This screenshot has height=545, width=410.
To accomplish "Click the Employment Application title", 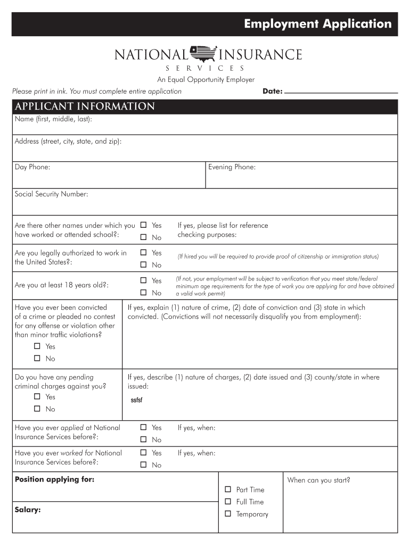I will coord(318,24).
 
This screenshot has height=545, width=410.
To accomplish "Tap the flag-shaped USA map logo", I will coord(204,53).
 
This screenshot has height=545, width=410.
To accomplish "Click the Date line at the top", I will coord(341,92).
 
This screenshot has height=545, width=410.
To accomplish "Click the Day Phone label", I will coord(32,167).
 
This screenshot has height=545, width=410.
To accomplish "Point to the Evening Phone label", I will coord(232,167).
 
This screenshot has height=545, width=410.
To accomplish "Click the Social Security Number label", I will coord(51,194).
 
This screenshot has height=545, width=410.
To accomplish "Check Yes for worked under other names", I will coord(143,225).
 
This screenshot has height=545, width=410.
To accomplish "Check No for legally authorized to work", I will coord(143,265).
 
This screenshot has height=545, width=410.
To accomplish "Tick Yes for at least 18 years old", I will coord(143,280).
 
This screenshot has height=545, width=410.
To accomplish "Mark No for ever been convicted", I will coord(37,359).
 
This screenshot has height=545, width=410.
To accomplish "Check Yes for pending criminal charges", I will coord(37,397).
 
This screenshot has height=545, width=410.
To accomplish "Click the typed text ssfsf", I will coord(136,401).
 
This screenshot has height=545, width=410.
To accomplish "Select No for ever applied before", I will coord(143,440).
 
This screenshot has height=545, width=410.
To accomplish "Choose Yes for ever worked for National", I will coord(143,453).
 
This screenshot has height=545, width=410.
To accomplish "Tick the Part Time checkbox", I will coord(228,489).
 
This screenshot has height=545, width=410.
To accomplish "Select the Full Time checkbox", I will coord(228,501).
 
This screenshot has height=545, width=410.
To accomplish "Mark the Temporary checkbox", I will coord(228,514).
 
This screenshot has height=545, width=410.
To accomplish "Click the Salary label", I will coord(28,509).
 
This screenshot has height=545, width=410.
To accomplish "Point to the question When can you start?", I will coord(318,480).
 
